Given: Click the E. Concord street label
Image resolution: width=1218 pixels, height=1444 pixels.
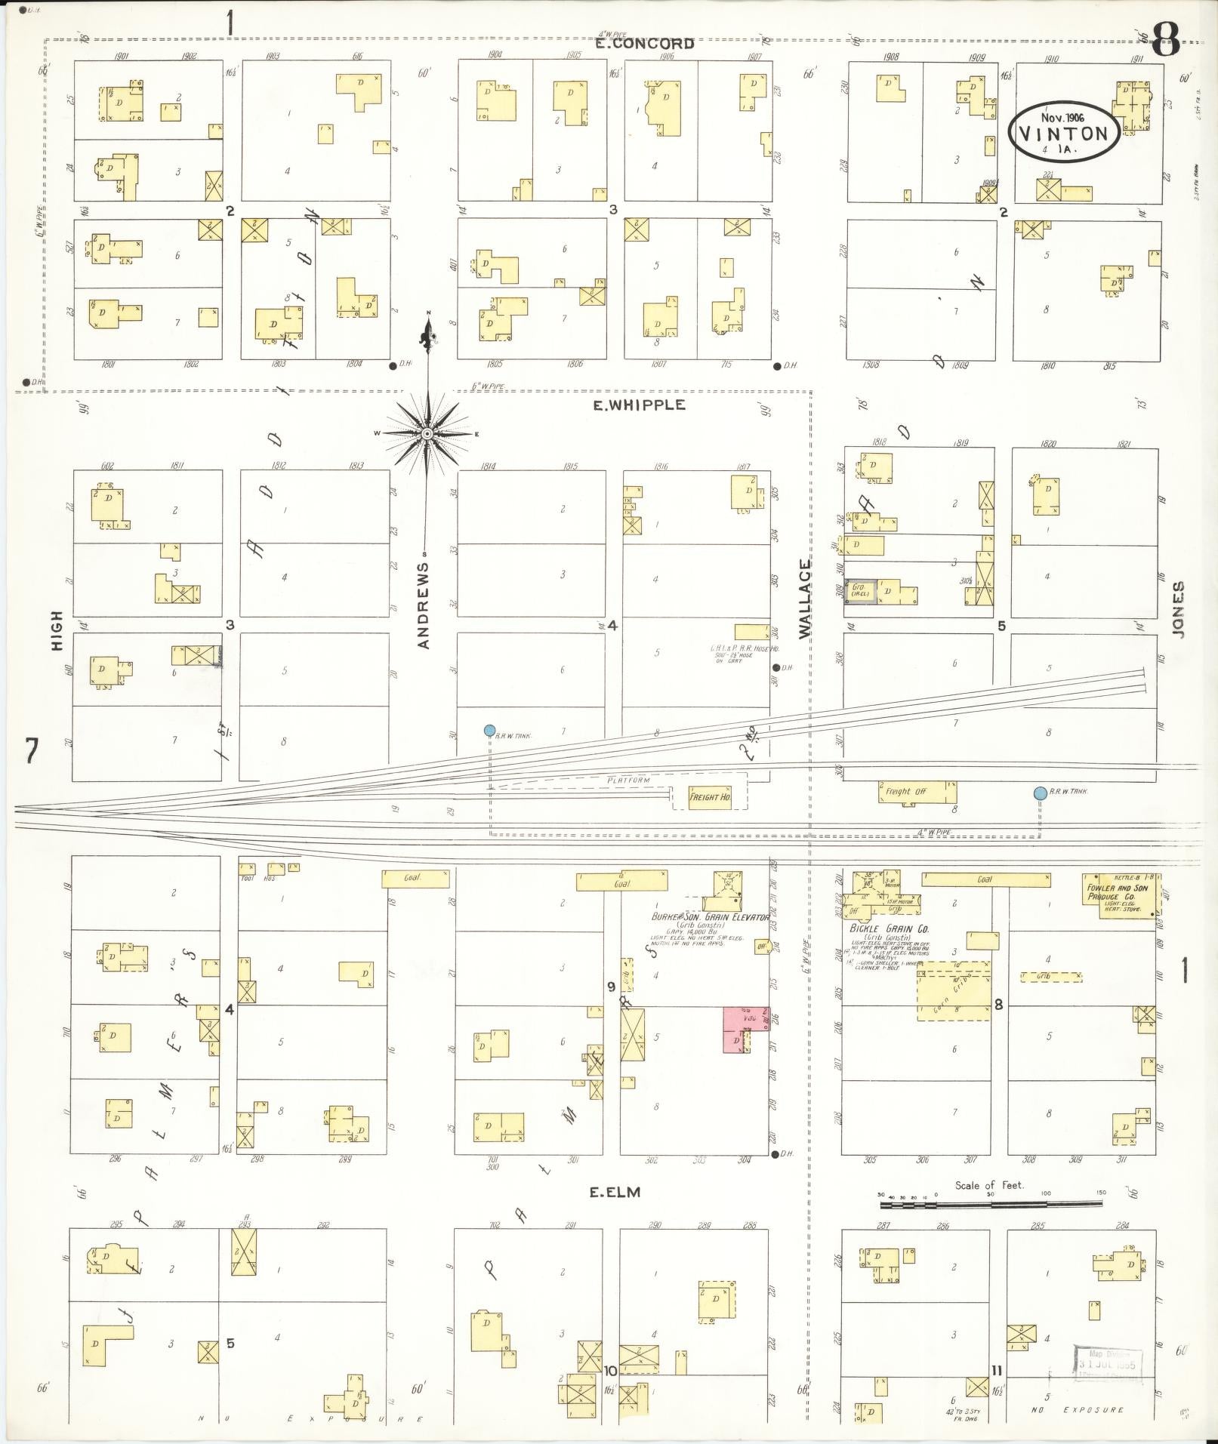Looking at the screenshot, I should (644, 44).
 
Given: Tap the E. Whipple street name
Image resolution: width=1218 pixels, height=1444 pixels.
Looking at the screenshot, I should (639, 405).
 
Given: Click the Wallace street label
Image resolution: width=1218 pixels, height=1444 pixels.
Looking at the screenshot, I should (806, 599).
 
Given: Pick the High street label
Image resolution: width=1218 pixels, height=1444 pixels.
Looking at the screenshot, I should (57, 631).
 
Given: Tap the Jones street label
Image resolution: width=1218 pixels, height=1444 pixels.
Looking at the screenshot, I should (1179, 609).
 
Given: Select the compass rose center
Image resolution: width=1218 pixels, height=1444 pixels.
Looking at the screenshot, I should (427, 433).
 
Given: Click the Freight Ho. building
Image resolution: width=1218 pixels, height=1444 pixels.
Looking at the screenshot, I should (710, 797).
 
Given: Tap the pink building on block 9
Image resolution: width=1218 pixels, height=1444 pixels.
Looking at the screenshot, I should (736, 1030).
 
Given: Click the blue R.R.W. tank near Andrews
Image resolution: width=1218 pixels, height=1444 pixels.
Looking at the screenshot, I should (489, 730).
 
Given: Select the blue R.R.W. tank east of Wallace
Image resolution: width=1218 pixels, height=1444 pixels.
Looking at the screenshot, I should (1040, 793).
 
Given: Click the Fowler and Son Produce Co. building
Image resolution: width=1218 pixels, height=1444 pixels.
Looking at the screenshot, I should (1120, 894).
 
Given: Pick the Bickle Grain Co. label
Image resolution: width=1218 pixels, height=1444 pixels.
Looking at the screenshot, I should (878, 929).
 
